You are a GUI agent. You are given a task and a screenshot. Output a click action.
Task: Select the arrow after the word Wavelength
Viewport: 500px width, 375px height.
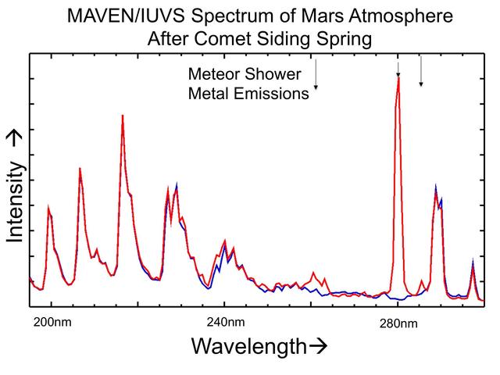(316, 346)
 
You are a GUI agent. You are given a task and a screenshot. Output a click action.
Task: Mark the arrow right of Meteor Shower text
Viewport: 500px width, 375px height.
(316, 76)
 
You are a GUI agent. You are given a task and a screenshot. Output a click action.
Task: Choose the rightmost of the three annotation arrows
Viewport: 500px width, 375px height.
(421, 72)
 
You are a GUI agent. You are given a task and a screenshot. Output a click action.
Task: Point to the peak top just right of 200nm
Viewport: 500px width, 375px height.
(48, 208)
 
